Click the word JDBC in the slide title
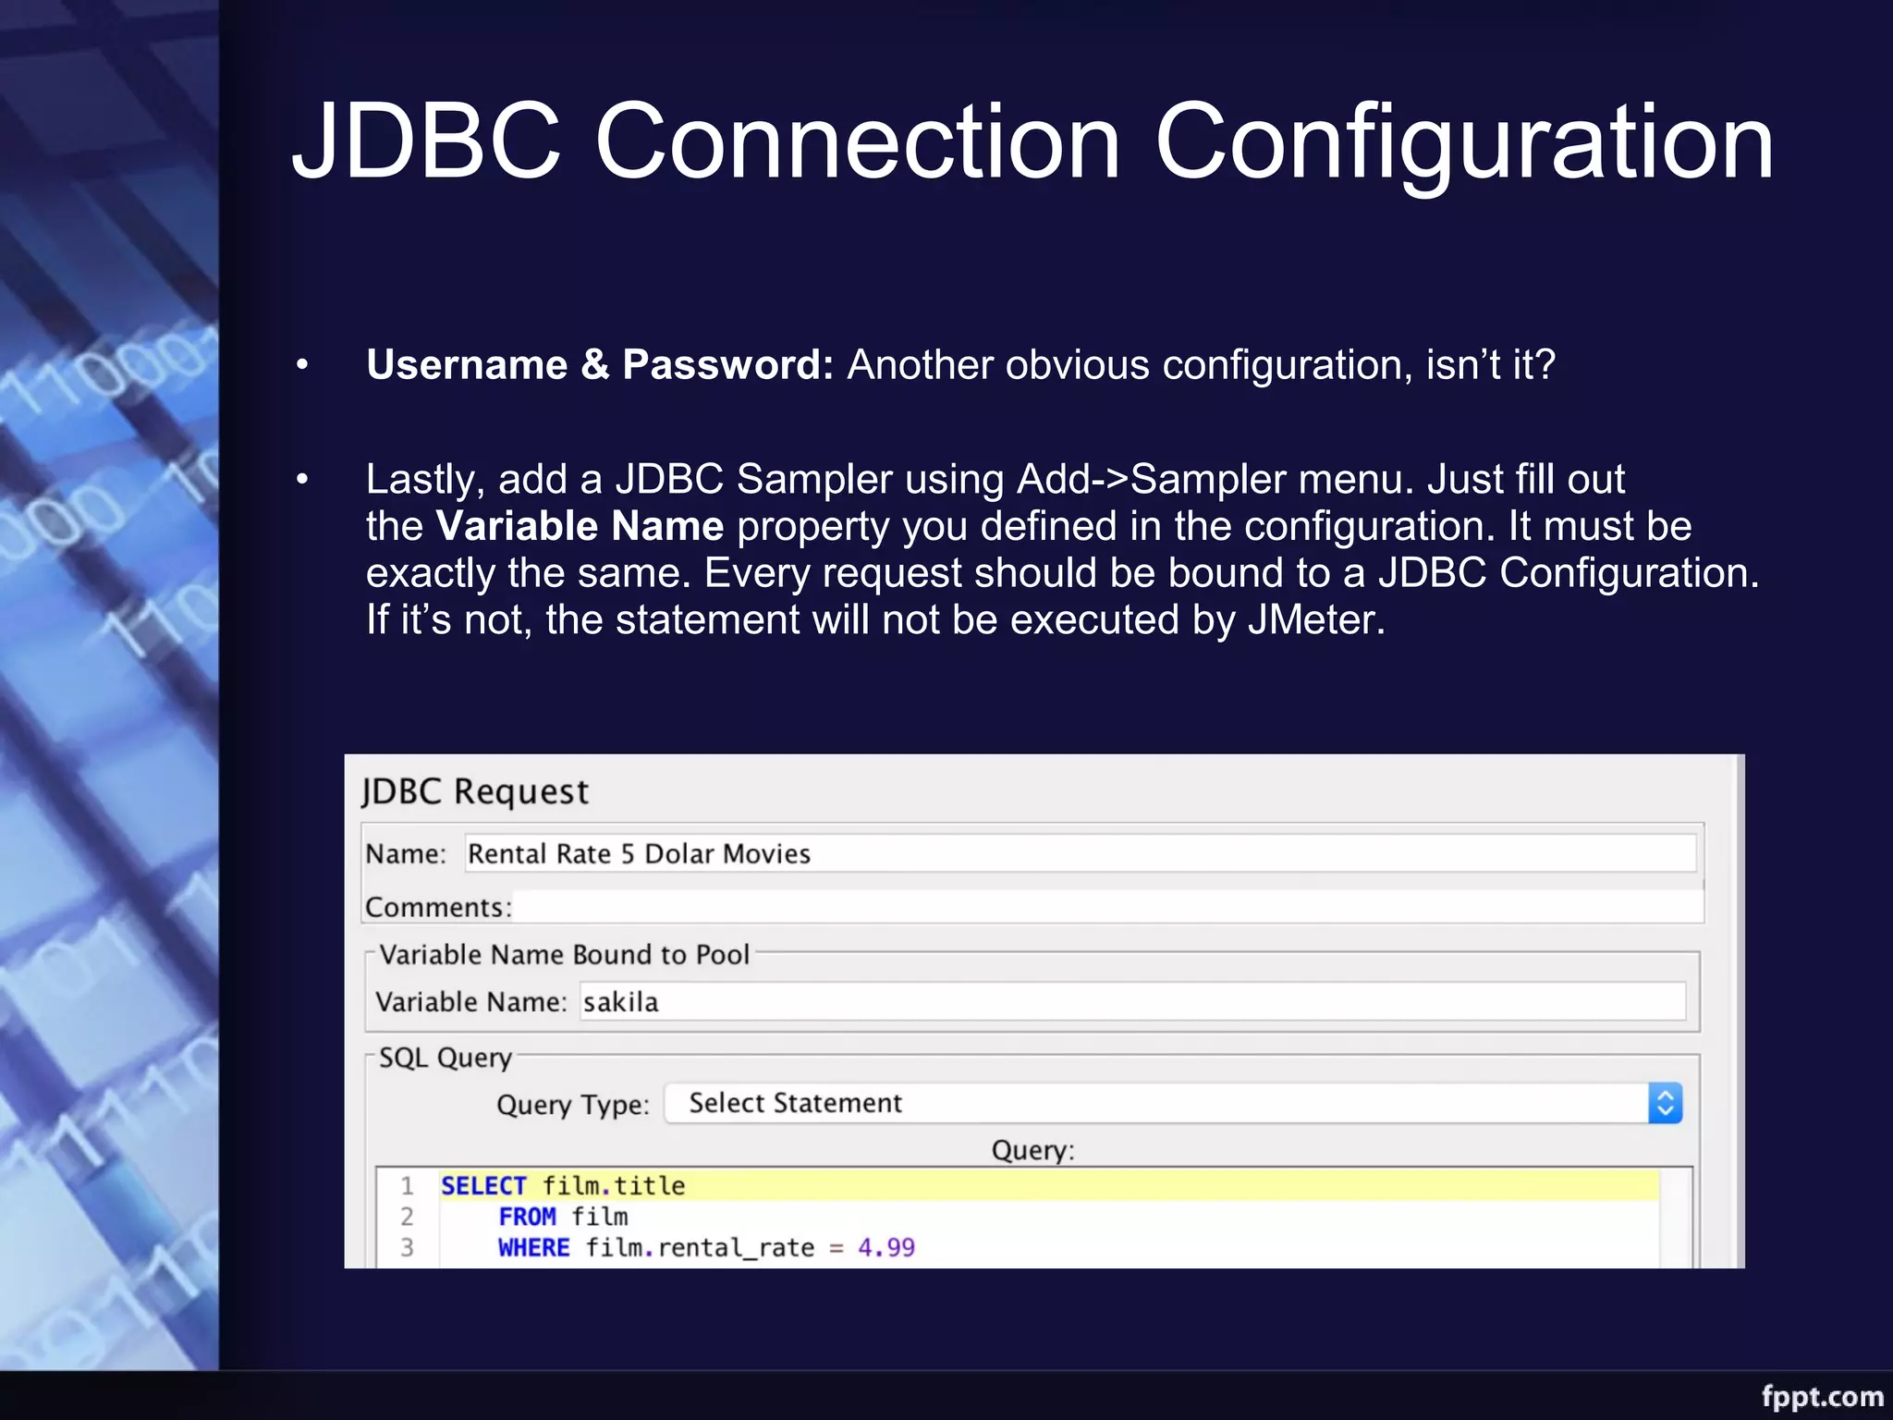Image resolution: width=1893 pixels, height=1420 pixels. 427,141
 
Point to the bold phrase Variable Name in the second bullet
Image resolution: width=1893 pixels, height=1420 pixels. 580,526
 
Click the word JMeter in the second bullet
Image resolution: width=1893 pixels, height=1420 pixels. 1316,619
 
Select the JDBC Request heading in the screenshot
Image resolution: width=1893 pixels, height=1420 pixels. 475,791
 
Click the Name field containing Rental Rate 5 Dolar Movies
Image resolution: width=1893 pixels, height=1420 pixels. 1080,853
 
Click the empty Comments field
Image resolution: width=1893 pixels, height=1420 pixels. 1107,906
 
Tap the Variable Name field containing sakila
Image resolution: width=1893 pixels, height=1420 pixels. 1131,1002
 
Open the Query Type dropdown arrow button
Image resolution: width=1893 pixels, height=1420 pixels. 1665,1103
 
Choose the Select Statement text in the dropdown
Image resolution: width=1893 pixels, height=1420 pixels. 795,1103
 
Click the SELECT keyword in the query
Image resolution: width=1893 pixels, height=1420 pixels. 483,1186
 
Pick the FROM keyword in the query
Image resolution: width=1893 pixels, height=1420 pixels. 527,1217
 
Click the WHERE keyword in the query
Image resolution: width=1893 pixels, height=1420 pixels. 533,1248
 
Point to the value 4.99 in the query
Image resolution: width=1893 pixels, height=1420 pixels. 885,1248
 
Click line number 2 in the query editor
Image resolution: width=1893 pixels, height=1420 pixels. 407,1217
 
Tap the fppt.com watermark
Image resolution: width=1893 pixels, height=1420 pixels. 1822,1396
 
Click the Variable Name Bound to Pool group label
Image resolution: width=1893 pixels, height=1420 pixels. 564,955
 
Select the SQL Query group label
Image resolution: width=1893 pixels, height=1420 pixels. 445,1058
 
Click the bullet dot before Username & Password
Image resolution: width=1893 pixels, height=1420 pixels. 302,366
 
